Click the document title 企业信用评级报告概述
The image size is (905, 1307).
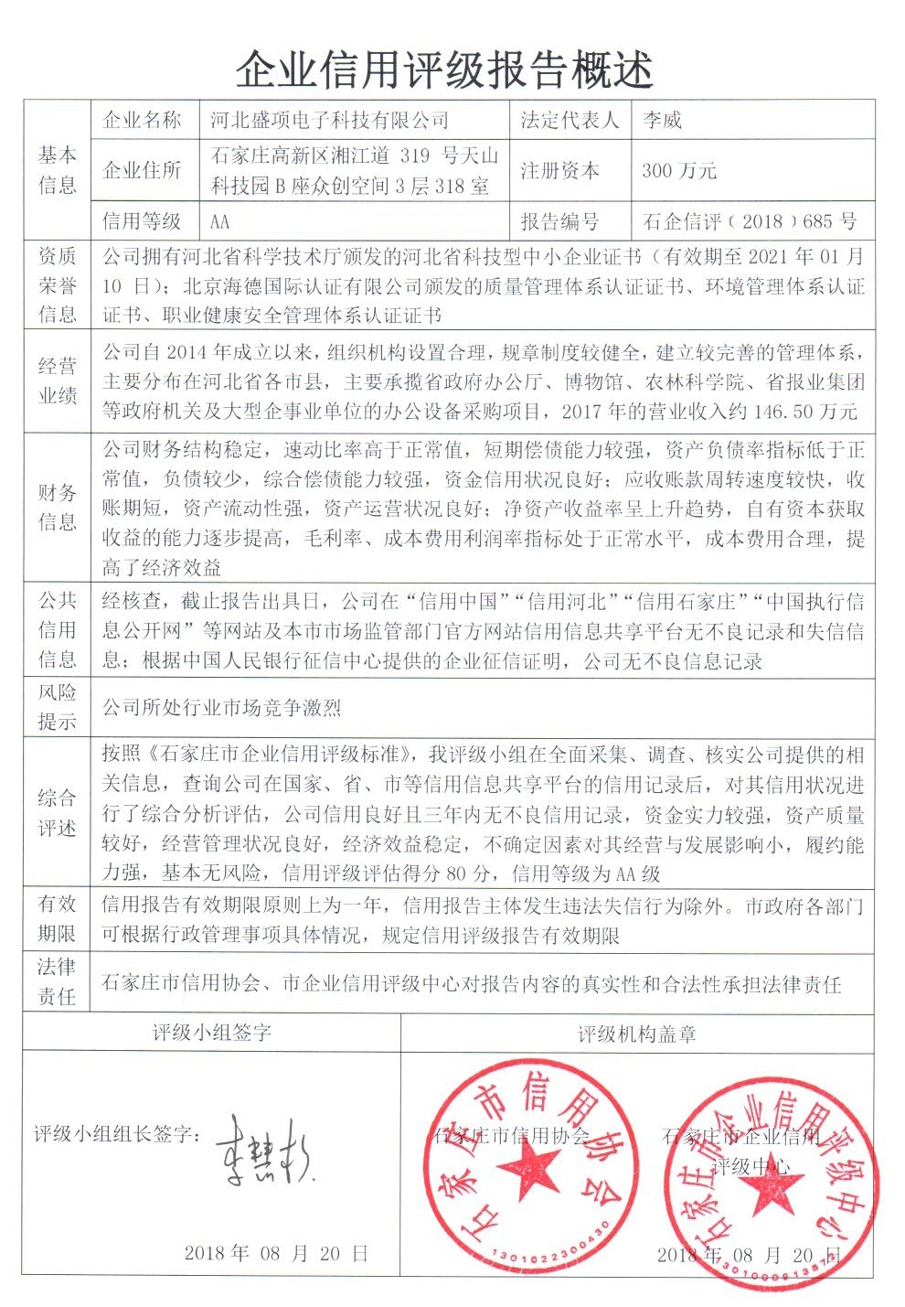445,69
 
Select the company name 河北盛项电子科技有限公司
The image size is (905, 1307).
329,120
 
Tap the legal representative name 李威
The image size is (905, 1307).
662,120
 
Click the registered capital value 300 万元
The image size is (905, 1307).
679,170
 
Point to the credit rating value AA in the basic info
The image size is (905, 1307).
219,221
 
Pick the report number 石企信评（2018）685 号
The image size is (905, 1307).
750,221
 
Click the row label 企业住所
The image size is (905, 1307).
142,170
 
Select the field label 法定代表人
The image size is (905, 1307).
570,120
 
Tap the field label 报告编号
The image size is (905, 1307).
559,221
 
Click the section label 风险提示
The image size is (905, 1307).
57,706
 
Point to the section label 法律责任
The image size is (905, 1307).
57,981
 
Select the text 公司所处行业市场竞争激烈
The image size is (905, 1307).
221,707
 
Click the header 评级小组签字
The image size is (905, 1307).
211,1034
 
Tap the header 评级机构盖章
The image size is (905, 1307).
636,1034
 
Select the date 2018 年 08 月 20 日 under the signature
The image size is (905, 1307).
276,1253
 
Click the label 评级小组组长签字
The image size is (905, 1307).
117,1134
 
